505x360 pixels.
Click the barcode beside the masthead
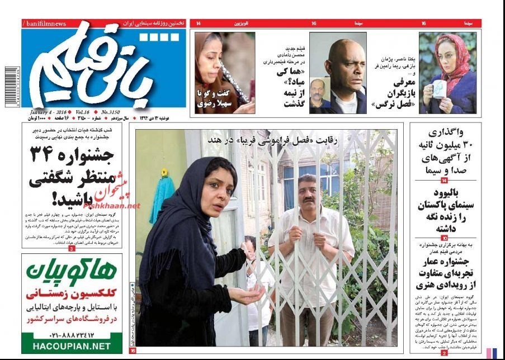coord(11,88)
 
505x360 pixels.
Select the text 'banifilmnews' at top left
coord(45,23)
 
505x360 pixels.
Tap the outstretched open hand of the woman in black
coord(248,292)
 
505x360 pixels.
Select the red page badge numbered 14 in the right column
coord(444,181)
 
